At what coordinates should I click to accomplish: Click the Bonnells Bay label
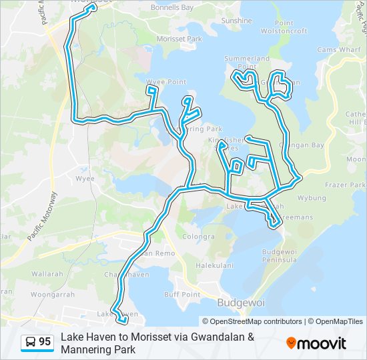(x=171, y=8)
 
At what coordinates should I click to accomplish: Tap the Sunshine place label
(x=236, y=21)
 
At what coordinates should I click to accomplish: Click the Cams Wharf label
(x=339, y=50)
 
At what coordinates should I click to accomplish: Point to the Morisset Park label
(x=179, y=39)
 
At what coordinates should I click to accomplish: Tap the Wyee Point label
(x=166, y=82)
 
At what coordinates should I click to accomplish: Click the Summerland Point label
(x=242, y=63)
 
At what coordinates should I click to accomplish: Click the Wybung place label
(x=312, y=199)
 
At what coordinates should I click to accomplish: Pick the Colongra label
(x=199, y=237)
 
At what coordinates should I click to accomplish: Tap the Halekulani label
(x=214, y=265)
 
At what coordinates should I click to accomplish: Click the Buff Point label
(x=182, y=295)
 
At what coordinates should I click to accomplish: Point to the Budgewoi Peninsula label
(x=280, y=255)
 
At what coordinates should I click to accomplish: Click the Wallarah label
(x=47, y=274)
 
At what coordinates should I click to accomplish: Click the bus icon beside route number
(x=31, y=342)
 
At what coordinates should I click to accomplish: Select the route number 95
(x=45, y=342)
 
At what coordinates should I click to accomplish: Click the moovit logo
(x=316, y=343)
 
